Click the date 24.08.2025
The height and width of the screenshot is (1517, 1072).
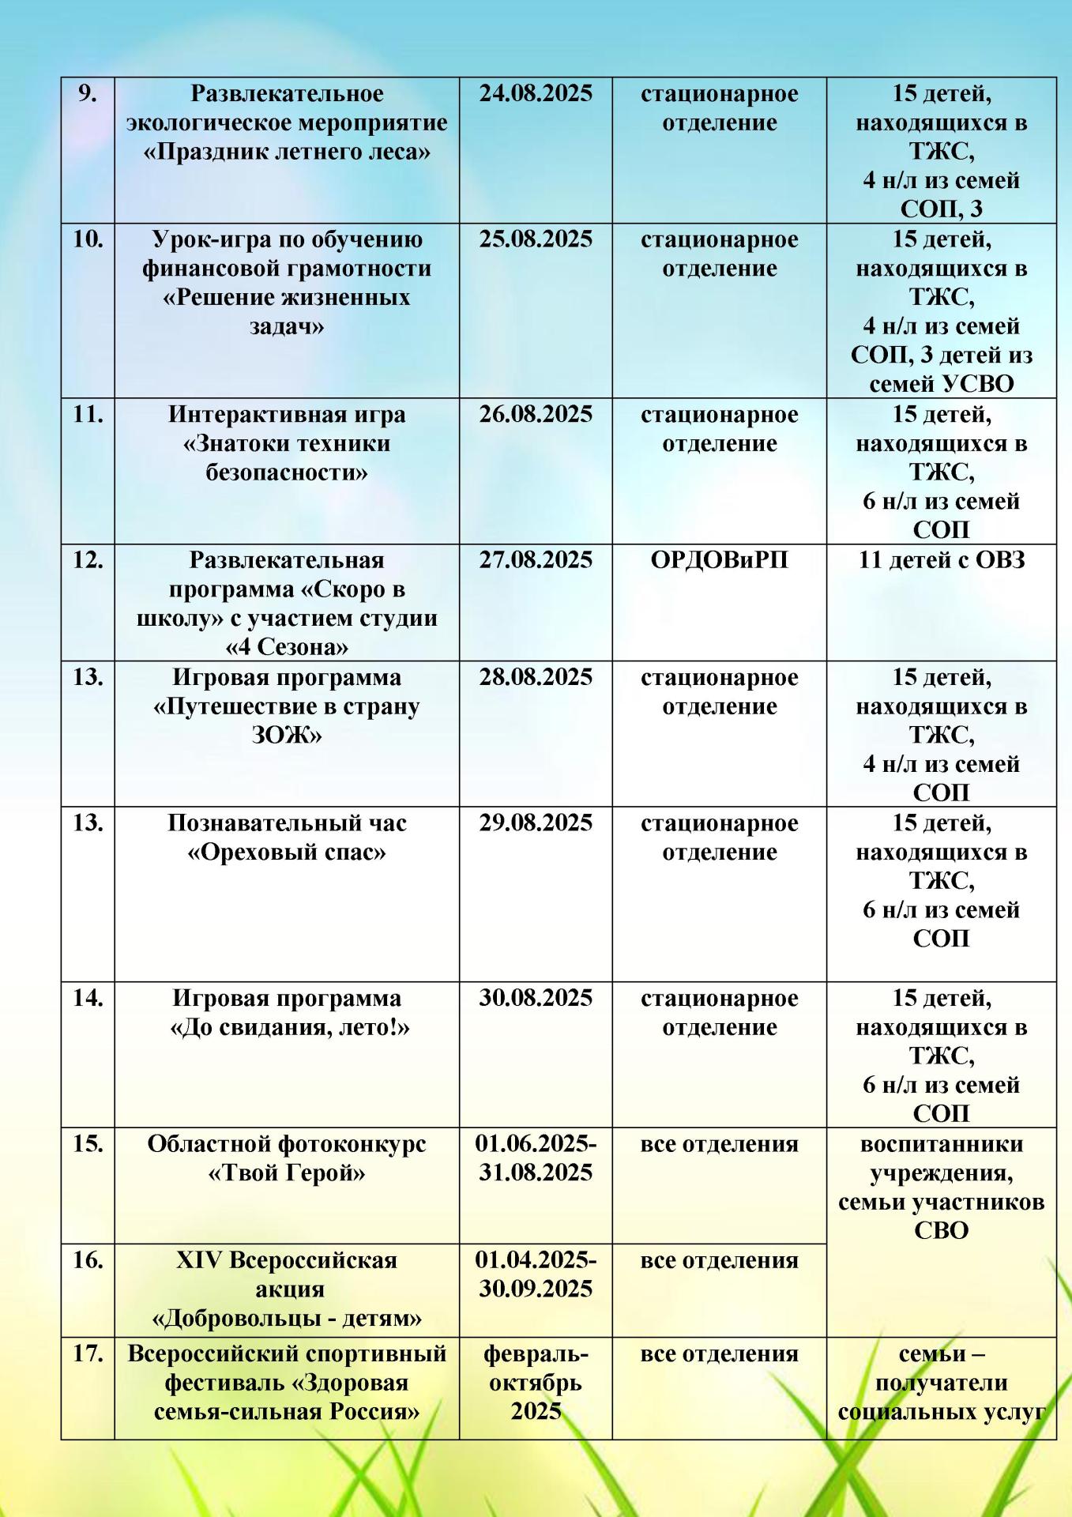click(x=536, y=94)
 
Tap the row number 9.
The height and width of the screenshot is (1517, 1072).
click(x=88, y=94)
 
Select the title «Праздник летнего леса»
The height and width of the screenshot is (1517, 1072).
click(x=287, y=152)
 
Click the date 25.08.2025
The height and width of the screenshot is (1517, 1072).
click(x=536, y=239)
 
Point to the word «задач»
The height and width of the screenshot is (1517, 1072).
click(x=287, y=326)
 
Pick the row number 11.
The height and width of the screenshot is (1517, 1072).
click(x=88, y=415)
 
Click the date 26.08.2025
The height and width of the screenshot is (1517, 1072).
click(x=536, y=415)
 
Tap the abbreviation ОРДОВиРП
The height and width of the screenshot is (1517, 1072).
click(x=719, y=560)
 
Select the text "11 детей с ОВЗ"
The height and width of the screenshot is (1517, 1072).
click(x=942, y=560)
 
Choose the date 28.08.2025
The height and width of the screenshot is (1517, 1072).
click(x=536, y=678)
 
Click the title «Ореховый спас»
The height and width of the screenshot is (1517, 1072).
click(x=287, y=853)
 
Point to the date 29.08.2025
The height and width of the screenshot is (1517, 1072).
click(x=536, y=823)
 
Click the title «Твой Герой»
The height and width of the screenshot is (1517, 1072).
click(x=287, y=1173)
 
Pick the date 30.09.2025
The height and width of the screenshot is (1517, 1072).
click(x=536, y=1289)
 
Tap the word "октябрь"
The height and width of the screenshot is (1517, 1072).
click(x=536, y=1383)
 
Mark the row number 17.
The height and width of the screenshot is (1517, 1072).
click(x=88, y=1354)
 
